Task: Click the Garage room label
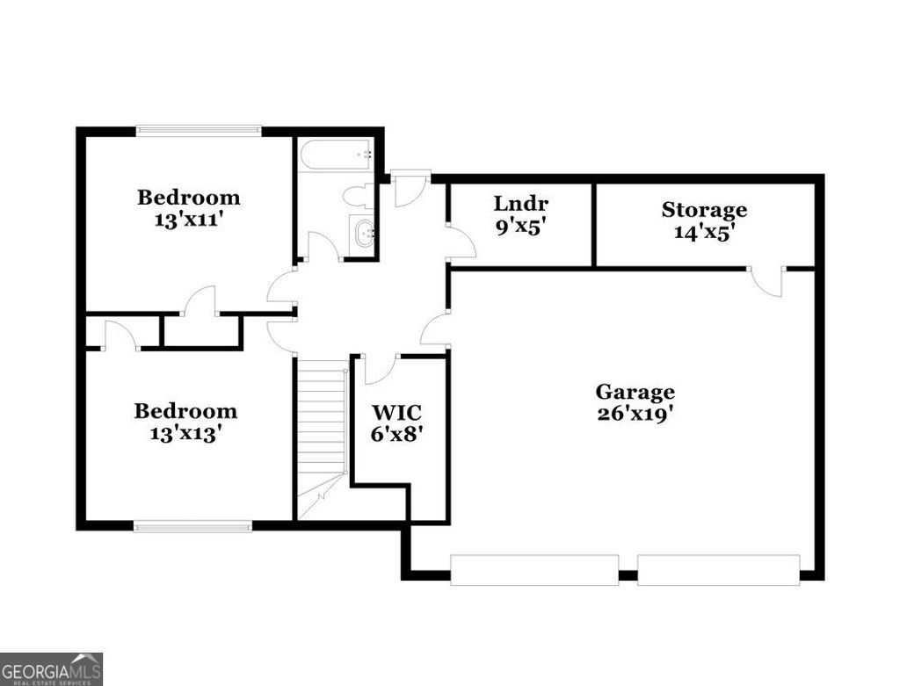click(635, 392)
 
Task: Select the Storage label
click(704, 210)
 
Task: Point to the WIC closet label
click(396, 412)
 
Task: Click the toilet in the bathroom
click(358, 195)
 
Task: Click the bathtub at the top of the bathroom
click(337, 156)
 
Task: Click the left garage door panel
click(534, 569)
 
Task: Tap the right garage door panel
click(718, 569)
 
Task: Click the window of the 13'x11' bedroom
click(199, 131)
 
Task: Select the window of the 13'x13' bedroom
click(192, 526)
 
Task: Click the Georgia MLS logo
click(51, 668)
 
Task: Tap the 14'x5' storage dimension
click(704, 232)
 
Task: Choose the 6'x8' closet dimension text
click(396, 433)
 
